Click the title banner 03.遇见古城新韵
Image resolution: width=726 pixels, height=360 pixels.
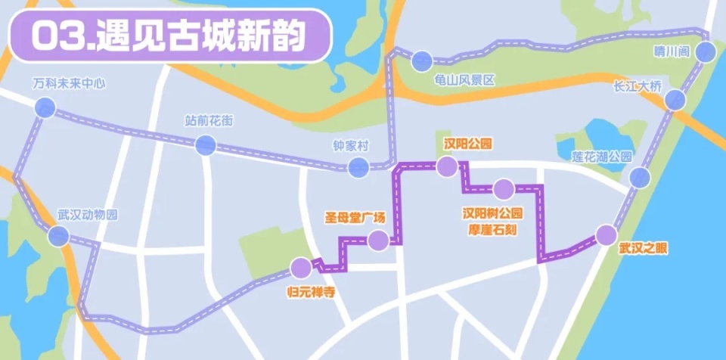167,35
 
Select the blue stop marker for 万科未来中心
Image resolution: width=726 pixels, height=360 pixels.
45,108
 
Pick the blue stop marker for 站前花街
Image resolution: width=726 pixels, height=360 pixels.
205,145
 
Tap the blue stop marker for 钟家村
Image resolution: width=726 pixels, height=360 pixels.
359,167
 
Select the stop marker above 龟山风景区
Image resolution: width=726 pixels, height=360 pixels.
422,59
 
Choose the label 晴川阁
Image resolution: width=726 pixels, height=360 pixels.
672,52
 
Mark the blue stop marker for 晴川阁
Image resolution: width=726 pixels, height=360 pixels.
706,51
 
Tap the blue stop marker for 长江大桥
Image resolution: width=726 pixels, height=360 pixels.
675,99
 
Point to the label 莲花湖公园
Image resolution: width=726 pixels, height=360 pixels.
601,157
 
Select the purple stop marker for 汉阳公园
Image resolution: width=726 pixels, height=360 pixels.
447,166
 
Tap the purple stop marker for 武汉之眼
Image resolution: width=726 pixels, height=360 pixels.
606,235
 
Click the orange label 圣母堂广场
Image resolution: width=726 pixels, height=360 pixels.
355,218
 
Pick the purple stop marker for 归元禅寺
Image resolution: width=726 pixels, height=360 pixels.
301,267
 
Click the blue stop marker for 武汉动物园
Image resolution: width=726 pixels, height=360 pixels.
58,237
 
